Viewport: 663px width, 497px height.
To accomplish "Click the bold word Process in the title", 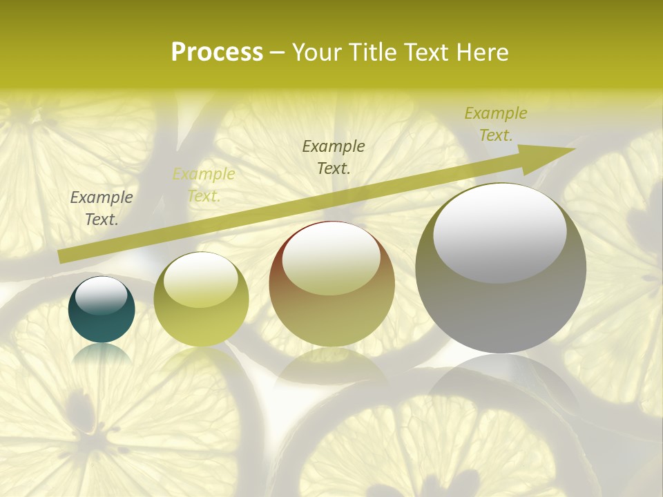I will (217, 52).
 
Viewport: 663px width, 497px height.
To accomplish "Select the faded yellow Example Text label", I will (204, 185).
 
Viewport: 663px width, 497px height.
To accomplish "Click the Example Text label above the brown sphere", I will (334, 157).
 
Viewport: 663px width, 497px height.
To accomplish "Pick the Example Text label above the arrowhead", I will (496, 124).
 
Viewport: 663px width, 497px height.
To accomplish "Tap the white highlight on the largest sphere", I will (499, 231).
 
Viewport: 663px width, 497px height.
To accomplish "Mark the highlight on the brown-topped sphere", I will (331, 257).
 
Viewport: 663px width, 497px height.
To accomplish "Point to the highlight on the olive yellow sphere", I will (200, 280).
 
